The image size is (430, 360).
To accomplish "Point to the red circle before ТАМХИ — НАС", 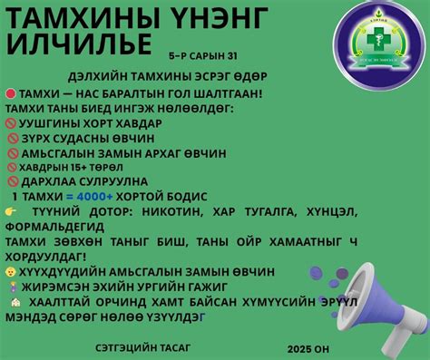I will pyautogui.click(x=11, y=93).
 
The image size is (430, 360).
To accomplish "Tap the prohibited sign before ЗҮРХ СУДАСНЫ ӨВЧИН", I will pyautogui.click(x=13, y=138).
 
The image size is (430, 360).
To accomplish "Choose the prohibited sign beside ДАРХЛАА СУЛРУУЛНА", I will pyautogui.click(x=13, y=181).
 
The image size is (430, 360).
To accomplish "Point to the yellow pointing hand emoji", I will pyautogui.click(x=11, y=211).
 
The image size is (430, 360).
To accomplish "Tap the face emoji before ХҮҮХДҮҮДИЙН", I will pyautogui.click(x=10, y=271).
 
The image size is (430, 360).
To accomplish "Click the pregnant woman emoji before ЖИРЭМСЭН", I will pyautogui.click(x=10, y=286).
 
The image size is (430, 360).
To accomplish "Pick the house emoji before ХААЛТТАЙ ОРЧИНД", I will pyautogui.click(x=10, y=302).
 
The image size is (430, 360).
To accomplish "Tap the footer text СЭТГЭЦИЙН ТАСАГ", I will pyautogui.click(x=136, y=346).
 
